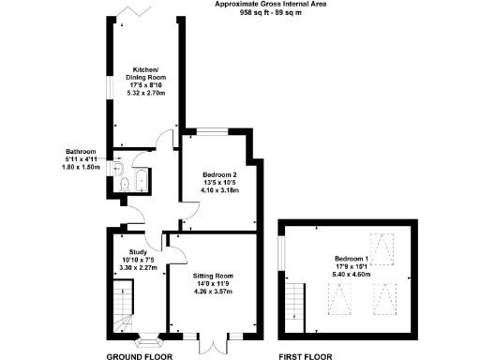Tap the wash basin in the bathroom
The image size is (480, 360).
click(x=115, y=167)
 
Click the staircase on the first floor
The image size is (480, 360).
click(x=295, y=303)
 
